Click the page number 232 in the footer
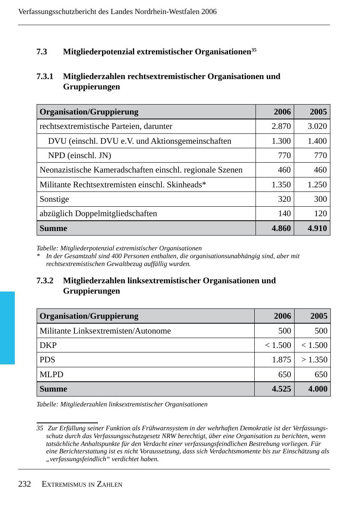[25, 484]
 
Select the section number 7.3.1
[45, 77]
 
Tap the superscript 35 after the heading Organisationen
[254, 50]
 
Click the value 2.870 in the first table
[281, 126]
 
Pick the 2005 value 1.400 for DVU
[317, 141]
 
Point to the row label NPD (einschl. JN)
[79, 155]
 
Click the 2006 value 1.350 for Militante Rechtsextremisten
[281, 184]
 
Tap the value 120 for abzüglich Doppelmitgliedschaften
[320, 213]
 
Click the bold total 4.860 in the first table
[281, 228]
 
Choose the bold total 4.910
[317, 228]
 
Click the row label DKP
[48, 345]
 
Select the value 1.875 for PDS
[281, 359]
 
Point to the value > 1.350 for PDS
[314, 359]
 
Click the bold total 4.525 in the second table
[281, 389]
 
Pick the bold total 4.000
[318, 389]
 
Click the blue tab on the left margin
[7, 328]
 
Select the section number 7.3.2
[45, 281]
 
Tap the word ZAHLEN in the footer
[109, 485]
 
